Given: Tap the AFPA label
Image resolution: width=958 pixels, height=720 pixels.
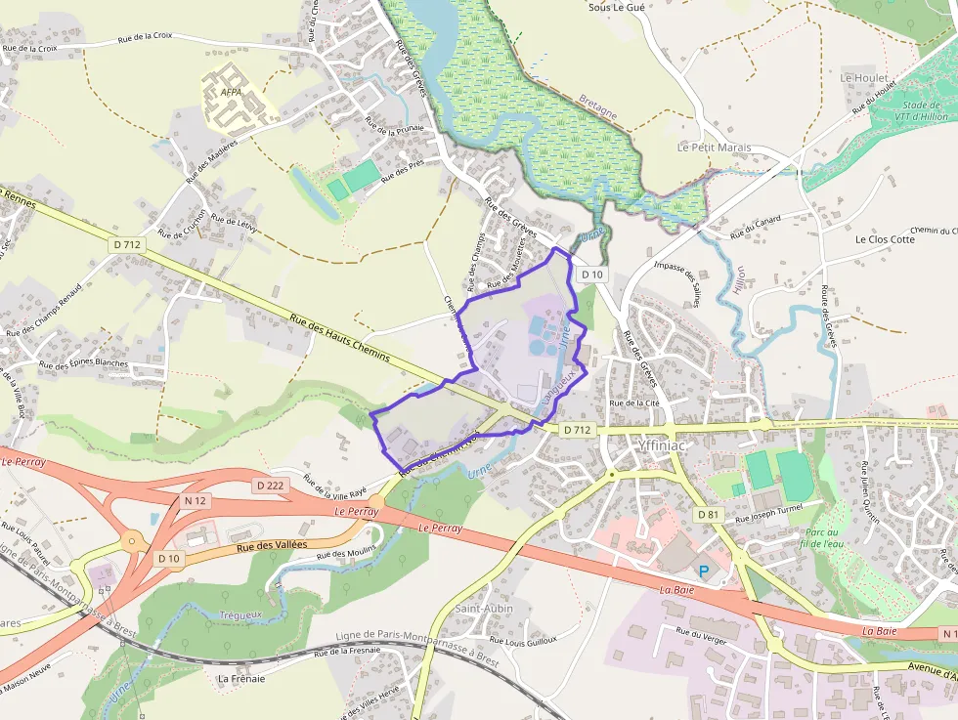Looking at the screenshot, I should (231, 93).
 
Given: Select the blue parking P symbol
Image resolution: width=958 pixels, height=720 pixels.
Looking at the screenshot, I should (703, 571).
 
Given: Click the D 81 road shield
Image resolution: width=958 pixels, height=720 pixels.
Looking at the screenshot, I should (709, 514).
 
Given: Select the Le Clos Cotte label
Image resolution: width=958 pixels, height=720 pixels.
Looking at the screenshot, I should (885, 239).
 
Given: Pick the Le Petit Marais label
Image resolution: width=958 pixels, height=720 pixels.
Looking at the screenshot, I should (714, 148).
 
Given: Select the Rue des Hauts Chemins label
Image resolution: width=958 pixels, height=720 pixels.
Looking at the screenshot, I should (340, 337).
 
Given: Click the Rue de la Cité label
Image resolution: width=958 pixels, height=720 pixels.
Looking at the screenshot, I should (634, 403).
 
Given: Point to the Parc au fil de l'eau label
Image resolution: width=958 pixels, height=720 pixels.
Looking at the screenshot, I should (819, 536).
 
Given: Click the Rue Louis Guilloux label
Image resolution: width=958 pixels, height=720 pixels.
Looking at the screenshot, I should (522, 642).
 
